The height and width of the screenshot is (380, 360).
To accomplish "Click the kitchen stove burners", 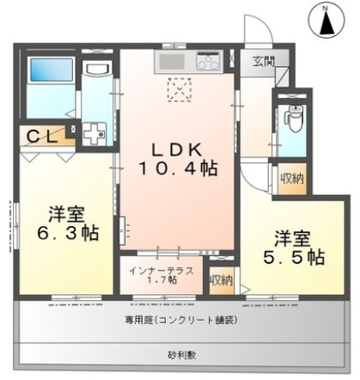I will click(x=208, y=61).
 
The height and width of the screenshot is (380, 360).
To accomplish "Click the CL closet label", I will click(x=40, y=135).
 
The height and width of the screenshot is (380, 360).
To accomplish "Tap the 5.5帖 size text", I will click(x=291, y=256).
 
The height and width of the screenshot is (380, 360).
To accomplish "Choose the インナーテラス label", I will click(x=162, y=271).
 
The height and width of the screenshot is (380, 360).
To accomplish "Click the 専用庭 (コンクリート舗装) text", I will click(x=180, y=320).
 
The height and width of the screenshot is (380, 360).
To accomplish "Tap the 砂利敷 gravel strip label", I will click(x=180, y=354).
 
